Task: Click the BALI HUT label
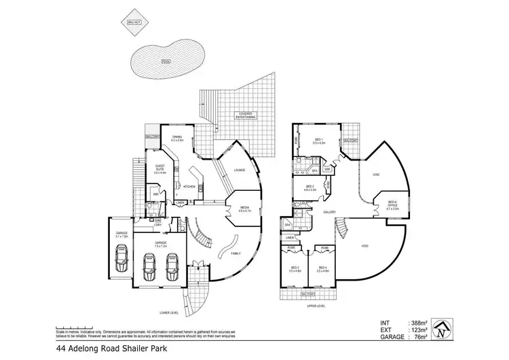(134, 23)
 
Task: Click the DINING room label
(177, 140)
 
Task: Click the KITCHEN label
(189, 186)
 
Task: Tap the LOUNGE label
(239, 170)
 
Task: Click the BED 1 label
(320, 142)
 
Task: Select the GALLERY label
(331, 213)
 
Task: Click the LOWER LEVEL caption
(168, 312)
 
